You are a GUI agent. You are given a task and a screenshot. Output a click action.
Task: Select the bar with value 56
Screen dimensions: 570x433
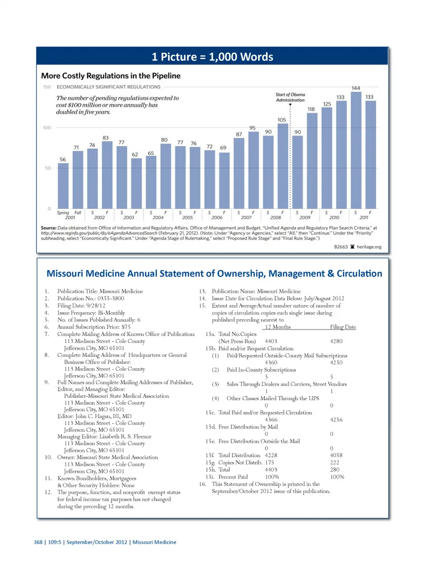point(63,185)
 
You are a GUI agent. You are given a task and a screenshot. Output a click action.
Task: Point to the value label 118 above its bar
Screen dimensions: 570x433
point(311,109)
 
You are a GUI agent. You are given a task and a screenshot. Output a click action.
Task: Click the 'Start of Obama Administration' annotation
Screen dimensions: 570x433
point(290,97)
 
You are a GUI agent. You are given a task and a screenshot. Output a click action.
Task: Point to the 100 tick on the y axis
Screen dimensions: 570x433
point(47,128)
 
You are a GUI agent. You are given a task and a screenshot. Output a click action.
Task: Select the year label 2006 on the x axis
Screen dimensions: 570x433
point(216,218)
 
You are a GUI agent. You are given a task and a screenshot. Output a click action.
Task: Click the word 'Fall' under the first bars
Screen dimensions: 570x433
point(78,213)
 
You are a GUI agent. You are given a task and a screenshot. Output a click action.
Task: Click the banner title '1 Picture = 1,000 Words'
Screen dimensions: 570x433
point(212,57)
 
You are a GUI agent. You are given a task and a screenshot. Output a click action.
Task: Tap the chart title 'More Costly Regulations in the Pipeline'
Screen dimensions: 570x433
point(111,76)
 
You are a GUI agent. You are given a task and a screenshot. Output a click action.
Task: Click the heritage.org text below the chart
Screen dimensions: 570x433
point(369,247)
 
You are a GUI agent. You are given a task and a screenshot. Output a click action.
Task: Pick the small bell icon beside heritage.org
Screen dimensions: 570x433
point(352,247)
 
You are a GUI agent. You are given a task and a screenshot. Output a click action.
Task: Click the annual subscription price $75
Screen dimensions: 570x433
point(126,327)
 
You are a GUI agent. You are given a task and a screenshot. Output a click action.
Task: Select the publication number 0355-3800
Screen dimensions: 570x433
point(111,298)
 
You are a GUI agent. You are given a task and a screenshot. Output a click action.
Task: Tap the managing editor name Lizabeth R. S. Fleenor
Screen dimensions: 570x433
point(123,437)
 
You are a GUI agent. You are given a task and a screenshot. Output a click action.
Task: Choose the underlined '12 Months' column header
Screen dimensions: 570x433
point(278,327)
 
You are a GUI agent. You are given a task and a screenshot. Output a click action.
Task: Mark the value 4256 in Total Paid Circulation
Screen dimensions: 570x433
point(336,420)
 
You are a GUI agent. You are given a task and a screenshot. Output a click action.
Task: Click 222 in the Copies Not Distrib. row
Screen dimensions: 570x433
point(334,462)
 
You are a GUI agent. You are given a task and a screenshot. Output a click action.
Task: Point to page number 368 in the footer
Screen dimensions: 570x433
point(38,542)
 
